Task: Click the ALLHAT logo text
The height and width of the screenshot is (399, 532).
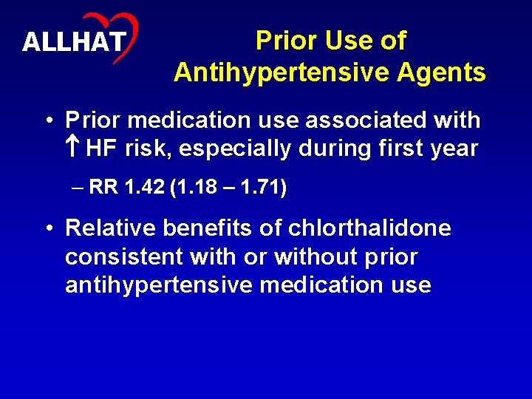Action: (x=74, y=41)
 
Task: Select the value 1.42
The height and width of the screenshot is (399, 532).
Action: (x=142, y=188)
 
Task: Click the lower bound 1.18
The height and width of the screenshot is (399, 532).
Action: (x=199, y=188)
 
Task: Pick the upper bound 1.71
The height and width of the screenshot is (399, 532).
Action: (x=260, y=188)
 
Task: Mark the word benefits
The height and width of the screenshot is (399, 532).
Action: (x=202, y=228)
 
